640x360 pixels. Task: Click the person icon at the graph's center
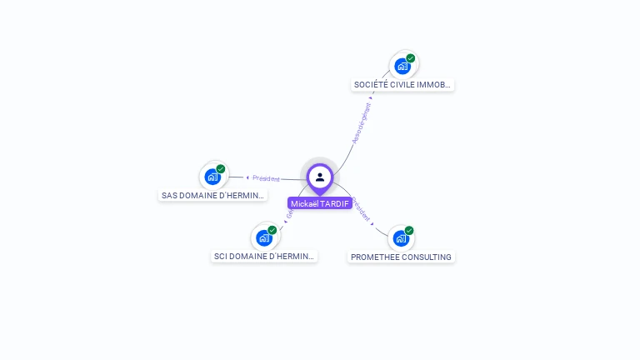(320, 177)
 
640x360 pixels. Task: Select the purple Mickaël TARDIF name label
(320, 203)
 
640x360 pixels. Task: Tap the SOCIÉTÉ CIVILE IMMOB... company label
(403, 84)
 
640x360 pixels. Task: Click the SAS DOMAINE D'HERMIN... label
(213, 195)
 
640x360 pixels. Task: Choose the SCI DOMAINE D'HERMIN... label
(265, 256)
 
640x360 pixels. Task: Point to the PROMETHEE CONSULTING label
(401, 257)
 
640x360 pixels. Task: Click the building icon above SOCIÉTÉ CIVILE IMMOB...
(402, 66)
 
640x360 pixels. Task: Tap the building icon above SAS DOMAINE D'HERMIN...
(212, 177)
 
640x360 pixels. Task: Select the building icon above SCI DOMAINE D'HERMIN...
(264, 237)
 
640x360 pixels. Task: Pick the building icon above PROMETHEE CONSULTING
(401, 238)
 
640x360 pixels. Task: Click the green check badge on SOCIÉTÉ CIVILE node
(411, 58)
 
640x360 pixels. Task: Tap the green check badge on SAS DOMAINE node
(221, 169)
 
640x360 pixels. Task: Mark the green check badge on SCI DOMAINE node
(272, 230)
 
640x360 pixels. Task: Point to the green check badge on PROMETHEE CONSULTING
(409, 231)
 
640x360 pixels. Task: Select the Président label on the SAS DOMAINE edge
(267, 178)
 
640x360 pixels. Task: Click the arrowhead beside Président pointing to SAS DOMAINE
(247, 177)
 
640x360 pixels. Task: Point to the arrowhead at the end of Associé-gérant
(371, 97)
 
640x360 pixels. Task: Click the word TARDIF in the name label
(334, 203)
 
